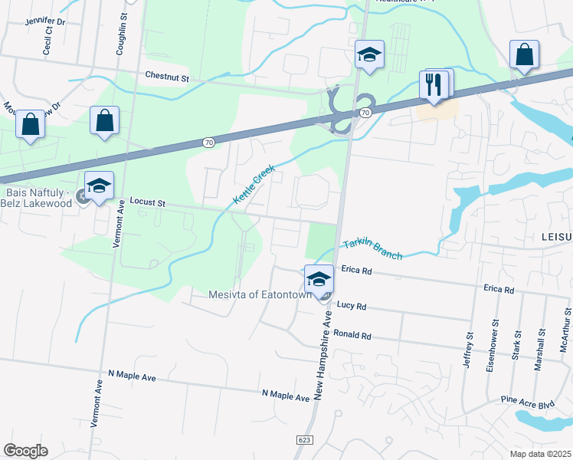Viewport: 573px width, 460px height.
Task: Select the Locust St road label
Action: (148, 202)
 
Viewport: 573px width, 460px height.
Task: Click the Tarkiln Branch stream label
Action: (372, 249)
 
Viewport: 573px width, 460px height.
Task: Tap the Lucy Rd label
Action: (352, 306)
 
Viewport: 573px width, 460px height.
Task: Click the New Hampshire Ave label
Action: (319, 355)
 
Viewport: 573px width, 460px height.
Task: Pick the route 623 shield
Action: (304, 440)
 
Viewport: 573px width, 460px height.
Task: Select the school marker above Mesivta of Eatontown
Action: (319, 279)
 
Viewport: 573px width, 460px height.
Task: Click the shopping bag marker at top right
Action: (524, 54)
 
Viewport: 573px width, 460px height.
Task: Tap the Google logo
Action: (25, 451)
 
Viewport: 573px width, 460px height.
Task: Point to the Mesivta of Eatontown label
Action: (260, 294)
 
